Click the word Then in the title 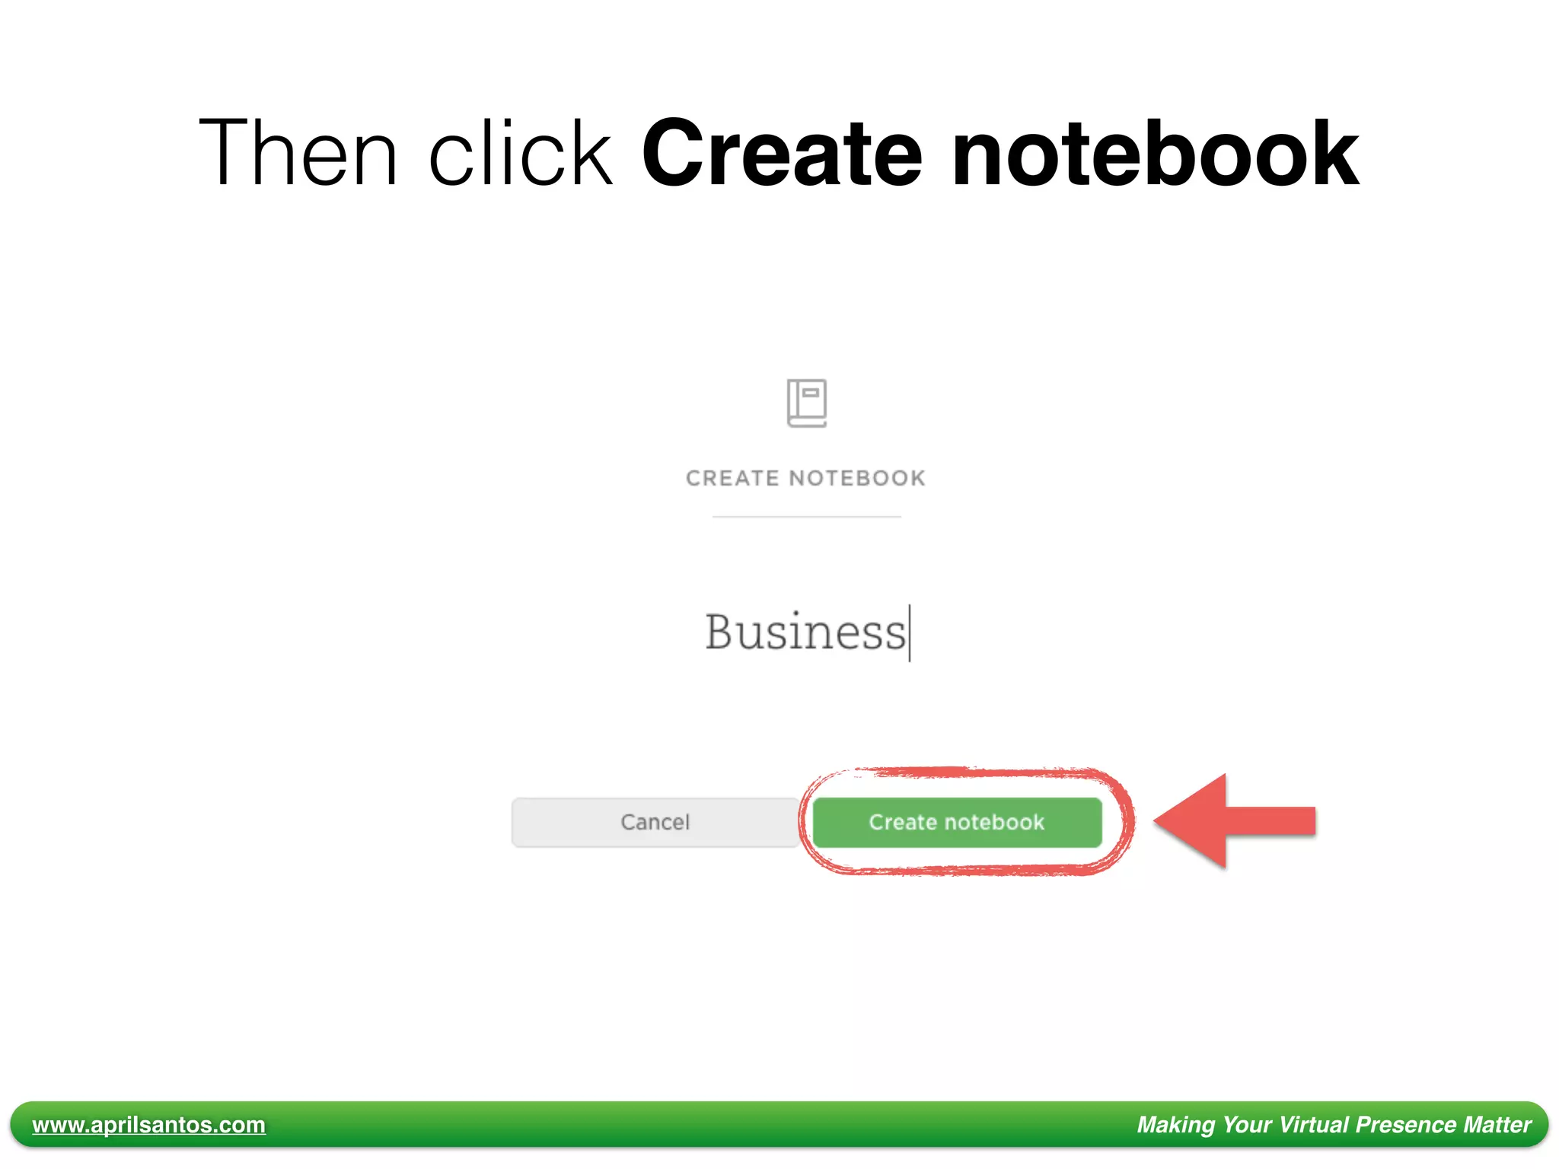(x=298, y=152)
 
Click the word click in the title (x=521, y=152)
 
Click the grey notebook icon (x=806, y=403)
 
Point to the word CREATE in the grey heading (x=732, y=478)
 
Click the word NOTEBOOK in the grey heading (x=857, y=478)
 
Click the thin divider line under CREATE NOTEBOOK (x=806, y=517)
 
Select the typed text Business (x=805, y=632)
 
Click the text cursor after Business (x=910, y=632)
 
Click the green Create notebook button (x=957, y=822)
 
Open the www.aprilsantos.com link (x=148, y=1124)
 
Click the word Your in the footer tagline (x=1246, y=1124)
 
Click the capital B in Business (x=719, y=632)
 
